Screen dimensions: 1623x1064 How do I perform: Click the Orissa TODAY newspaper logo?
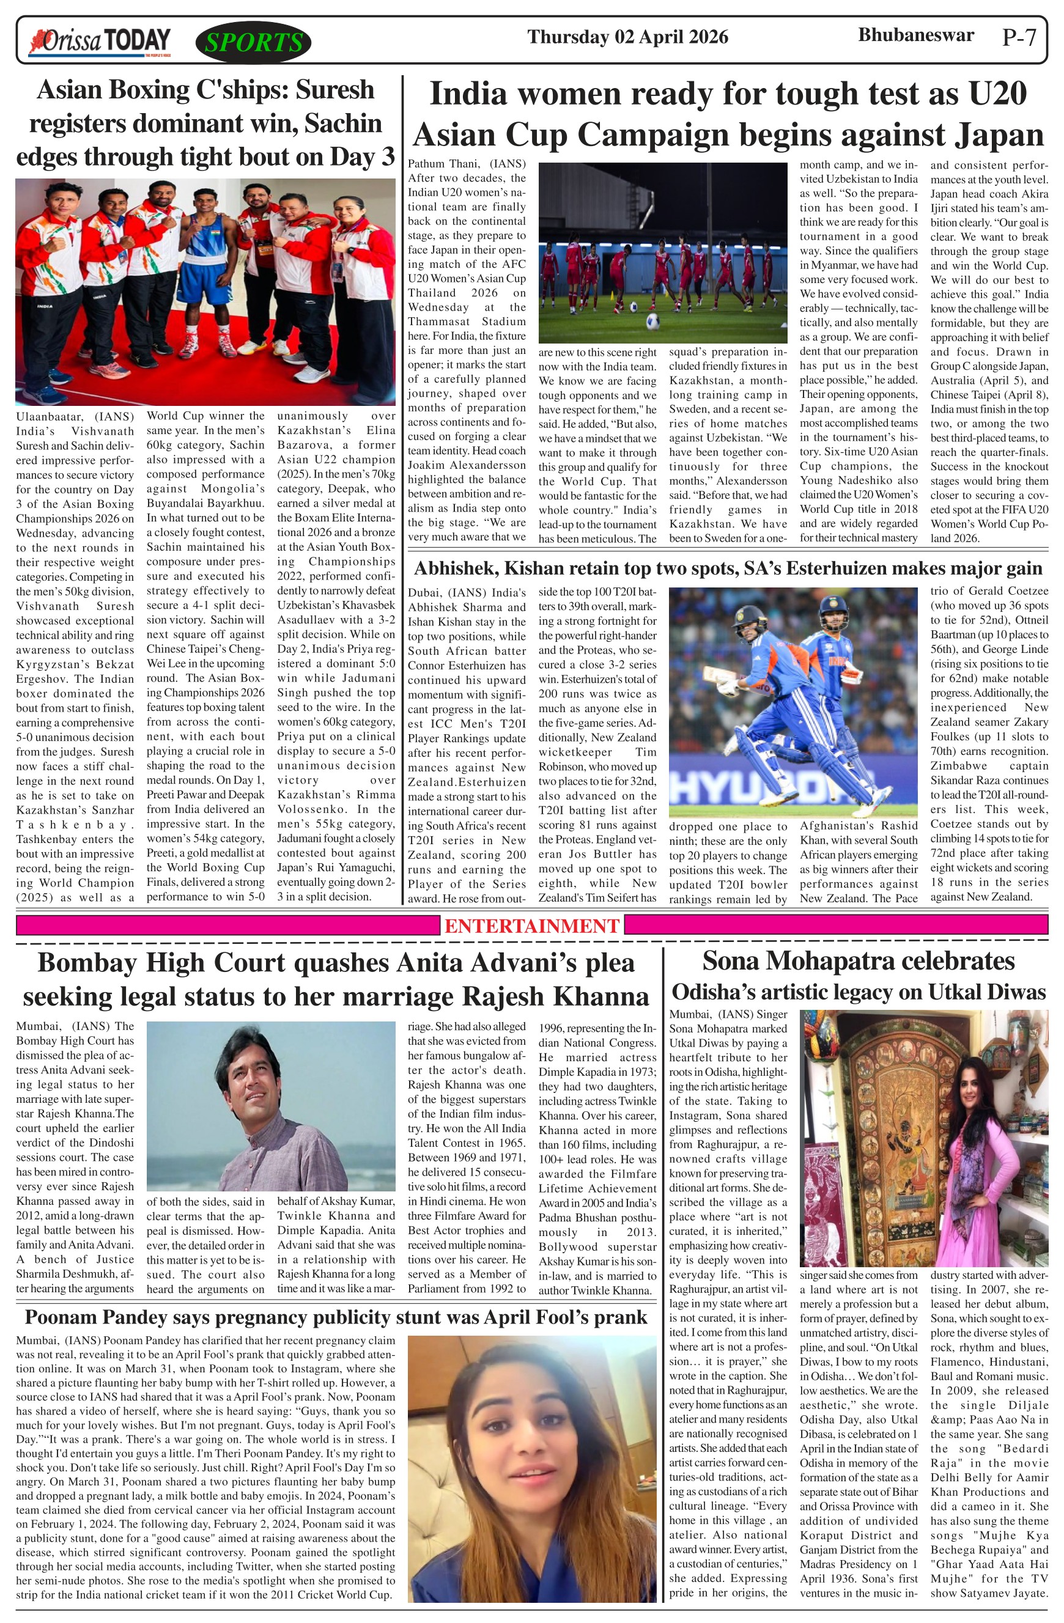(100, 42)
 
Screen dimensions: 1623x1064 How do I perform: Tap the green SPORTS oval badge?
(253, 43)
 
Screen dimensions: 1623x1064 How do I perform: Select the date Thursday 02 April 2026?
(627, 37)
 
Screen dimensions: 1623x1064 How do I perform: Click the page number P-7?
(1019, 37)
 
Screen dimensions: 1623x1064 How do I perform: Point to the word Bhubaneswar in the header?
(915, 35)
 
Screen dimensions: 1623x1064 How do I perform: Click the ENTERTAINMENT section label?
(531, 926)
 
